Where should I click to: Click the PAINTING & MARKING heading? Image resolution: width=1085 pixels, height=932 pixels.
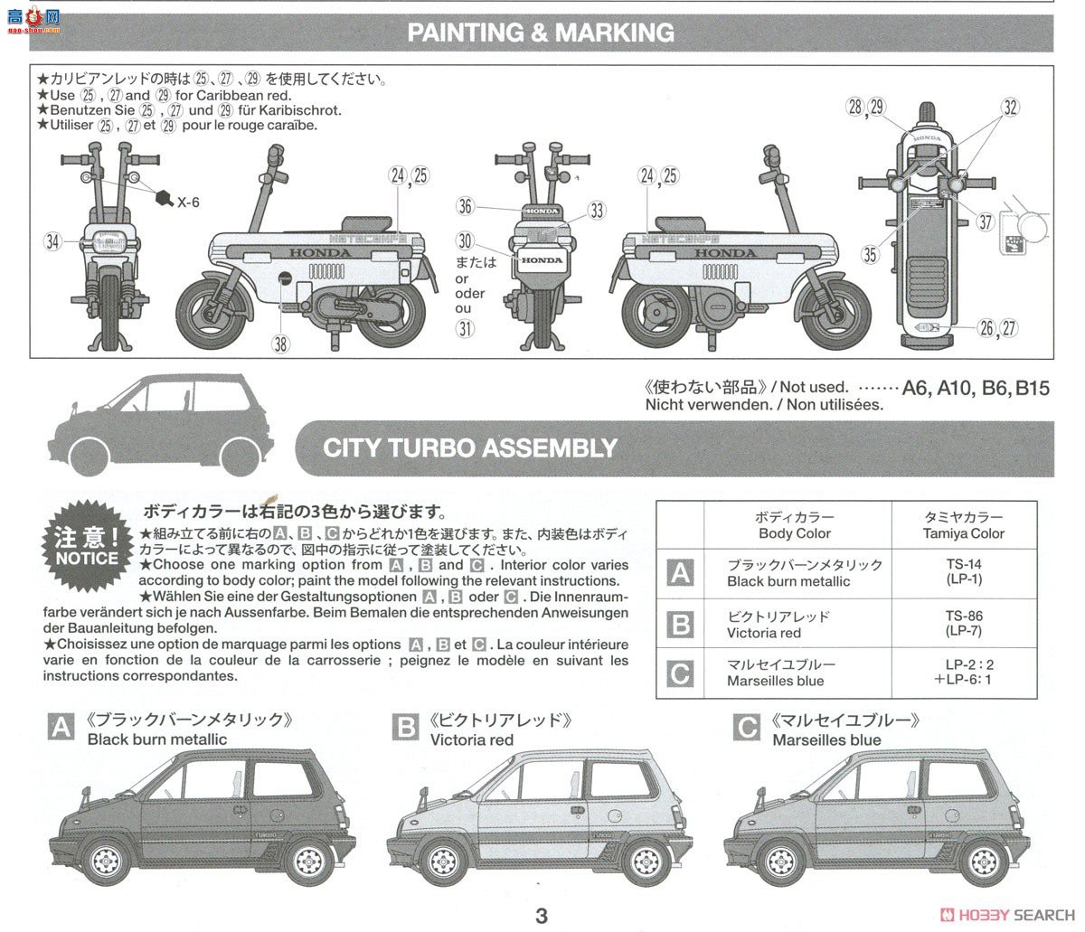click(x=541, y=33)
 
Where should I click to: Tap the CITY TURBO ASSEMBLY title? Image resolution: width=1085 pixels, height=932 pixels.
click(x=470, y=447)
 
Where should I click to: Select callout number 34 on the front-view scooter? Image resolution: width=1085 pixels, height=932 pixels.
click(x=52, y=240)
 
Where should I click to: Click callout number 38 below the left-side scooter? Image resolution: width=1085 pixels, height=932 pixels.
click(x=281, y=343)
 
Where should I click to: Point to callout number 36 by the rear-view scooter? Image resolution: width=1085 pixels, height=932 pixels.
click(x=465, y=206)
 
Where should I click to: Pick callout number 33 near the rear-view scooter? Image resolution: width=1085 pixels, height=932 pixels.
click(x=596, y=211)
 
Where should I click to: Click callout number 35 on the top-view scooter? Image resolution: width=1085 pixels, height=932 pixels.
click(x=870, y=255)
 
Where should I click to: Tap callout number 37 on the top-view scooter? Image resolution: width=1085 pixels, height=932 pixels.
click(x=985, y=222)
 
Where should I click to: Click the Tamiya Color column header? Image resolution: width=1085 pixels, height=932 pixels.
click(x=963, y=525)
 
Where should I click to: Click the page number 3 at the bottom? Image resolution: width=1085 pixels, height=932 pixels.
click(x=542, y=916)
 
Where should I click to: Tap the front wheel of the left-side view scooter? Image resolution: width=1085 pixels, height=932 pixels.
click(x=210, y=313)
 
